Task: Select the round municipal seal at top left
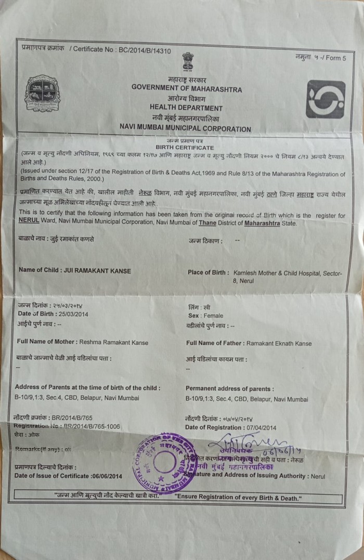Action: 43,94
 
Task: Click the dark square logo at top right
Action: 325,99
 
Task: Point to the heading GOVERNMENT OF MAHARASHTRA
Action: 187,89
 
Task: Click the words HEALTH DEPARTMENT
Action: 186,108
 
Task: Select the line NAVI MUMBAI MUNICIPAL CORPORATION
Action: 185,129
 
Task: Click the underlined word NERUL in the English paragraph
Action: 29,223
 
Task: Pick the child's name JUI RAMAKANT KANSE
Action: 96,270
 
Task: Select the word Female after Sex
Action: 213,316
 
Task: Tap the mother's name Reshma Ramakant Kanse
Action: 114,343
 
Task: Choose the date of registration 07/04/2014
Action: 255,427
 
